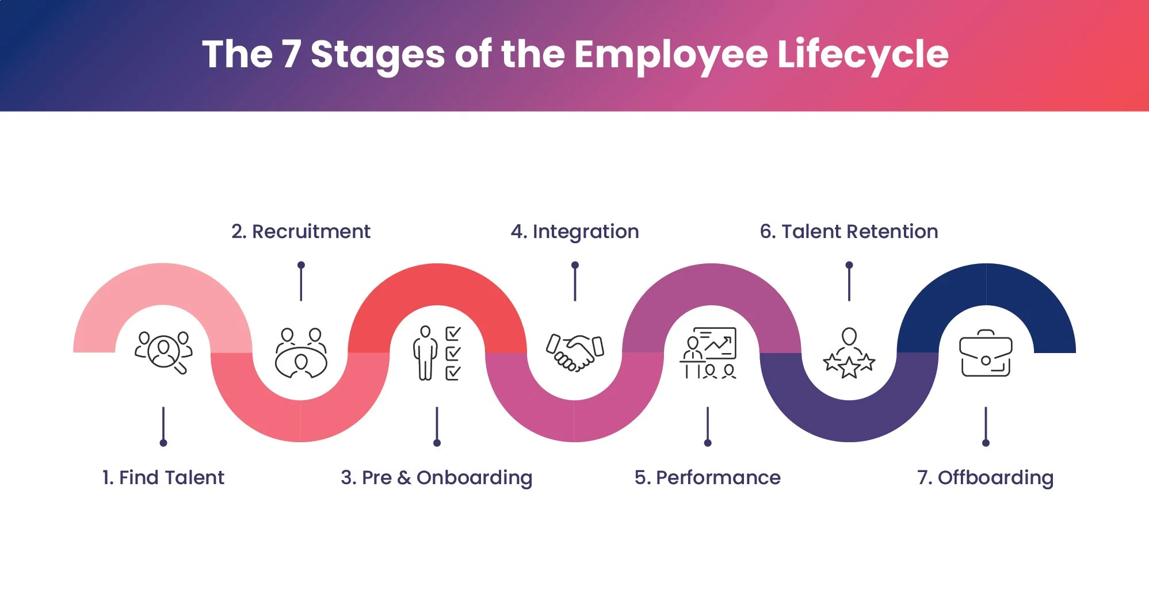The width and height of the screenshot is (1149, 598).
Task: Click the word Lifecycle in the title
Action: pyautogui.click(x=862, y=55)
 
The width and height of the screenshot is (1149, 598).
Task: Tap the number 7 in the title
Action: pyautogui.click(x=292, y=55)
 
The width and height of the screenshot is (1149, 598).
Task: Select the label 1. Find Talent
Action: pyautogui.click(x=163, y=477)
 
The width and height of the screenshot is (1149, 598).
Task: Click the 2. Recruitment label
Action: pyautogui.click(x=301, y=231)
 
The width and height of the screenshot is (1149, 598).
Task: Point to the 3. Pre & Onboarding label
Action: pyautogui.click(x=437, y=477)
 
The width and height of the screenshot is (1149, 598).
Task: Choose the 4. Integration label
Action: pyautogui.click(x=575, y=231)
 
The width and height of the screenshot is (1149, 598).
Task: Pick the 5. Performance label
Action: pyautogui.click(x=708, y=477)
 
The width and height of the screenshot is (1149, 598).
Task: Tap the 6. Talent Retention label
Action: pyautogui.click(x=849, y=231)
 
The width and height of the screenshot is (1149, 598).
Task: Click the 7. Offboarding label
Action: pyautogui.click(x=986, y=477)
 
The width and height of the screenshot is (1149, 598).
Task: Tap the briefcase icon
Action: pyautogui.click(x=986, y=353)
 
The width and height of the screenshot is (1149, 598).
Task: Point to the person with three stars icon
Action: pyautogui.click(x=849, y=353)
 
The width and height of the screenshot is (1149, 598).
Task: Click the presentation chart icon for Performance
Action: pyautogui.click(x=708, y=353)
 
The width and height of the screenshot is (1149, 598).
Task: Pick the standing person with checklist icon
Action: pyautogui.click(x=437, y=353)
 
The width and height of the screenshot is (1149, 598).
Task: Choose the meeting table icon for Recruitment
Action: pyautogui.click(x=301, y=353)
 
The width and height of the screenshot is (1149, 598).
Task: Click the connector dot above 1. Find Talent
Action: pyautogui.click(x=163, y=443)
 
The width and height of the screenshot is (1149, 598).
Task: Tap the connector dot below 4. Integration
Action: pyautogui.click(x=575, y=265)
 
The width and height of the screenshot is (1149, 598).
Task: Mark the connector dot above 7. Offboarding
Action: pyautogui.click(x=986, y=443)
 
